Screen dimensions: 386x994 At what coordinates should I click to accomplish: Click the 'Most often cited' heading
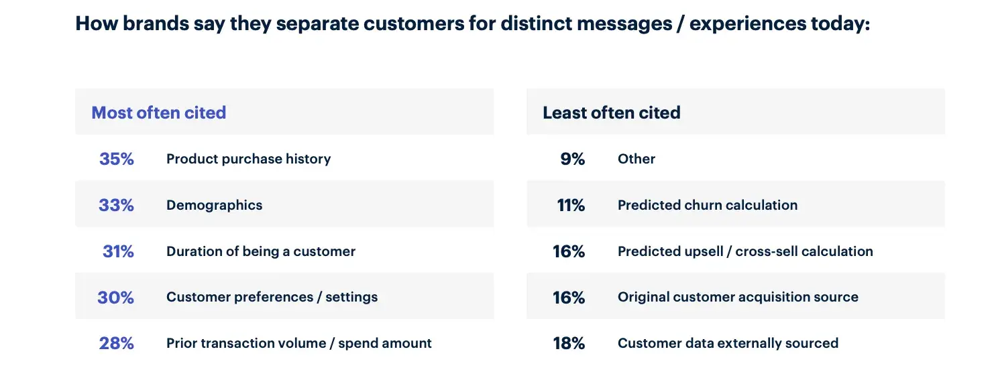click(158, 113)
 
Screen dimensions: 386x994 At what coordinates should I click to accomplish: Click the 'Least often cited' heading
click(611, 113)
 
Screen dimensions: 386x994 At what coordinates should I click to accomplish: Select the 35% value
click(117, 159)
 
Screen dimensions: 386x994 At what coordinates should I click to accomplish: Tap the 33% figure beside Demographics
click(116, 205)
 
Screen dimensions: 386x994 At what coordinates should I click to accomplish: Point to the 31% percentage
click(118, 251)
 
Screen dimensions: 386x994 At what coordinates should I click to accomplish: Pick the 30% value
click(115, 297)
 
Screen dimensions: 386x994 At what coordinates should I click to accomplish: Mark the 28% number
click(117, 343)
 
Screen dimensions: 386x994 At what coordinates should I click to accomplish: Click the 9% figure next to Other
click(572, 159)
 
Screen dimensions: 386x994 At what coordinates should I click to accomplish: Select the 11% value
click(571, 205)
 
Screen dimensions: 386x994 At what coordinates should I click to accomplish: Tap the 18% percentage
click(569, 343)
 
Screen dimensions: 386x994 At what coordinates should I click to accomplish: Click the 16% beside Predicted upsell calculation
click(569, 251)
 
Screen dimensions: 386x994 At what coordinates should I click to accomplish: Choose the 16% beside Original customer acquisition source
click(569, 297)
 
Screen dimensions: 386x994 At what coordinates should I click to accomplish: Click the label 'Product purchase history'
click(248, 159)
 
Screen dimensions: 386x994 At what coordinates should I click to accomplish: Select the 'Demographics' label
click(214, 205)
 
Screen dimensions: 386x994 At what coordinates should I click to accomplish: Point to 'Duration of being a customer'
click(260, 251)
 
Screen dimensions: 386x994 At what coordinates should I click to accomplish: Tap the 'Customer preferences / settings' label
click(272, 297)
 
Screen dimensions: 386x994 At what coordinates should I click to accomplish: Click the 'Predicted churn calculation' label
click(707, 205)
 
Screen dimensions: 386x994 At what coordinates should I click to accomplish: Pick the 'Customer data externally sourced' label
click(728, 343)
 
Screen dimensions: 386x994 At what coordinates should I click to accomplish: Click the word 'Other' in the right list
click(636, 159)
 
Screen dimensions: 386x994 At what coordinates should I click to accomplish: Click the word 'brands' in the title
click(151, 24)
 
